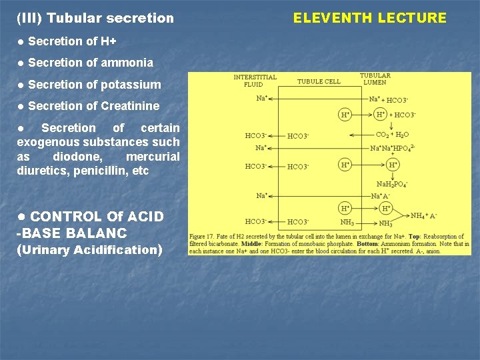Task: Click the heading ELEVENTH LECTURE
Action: click(x=370, y=18)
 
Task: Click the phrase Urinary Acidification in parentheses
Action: click(x=89, y=250)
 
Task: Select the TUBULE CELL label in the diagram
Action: click(x=319, y=82)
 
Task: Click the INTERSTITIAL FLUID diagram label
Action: click(x=255, y=81)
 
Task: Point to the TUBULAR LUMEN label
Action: click(x=375, y=79)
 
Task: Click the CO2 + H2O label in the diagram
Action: click(x=393, y=135)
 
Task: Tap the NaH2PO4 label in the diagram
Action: click(x=392, y=184)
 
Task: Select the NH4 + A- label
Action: click(x=423, y=215)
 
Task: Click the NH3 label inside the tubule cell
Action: click(x=347, y=222)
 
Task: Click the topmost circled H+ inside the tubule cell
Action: click(x=345, y=114)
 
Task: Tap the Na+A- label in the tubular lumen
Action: click(x=381, y=196)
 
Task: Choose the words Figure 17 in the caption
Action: click(x=203, y=237)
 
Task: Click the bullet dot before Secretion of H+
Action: click(x=21, y=42)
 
